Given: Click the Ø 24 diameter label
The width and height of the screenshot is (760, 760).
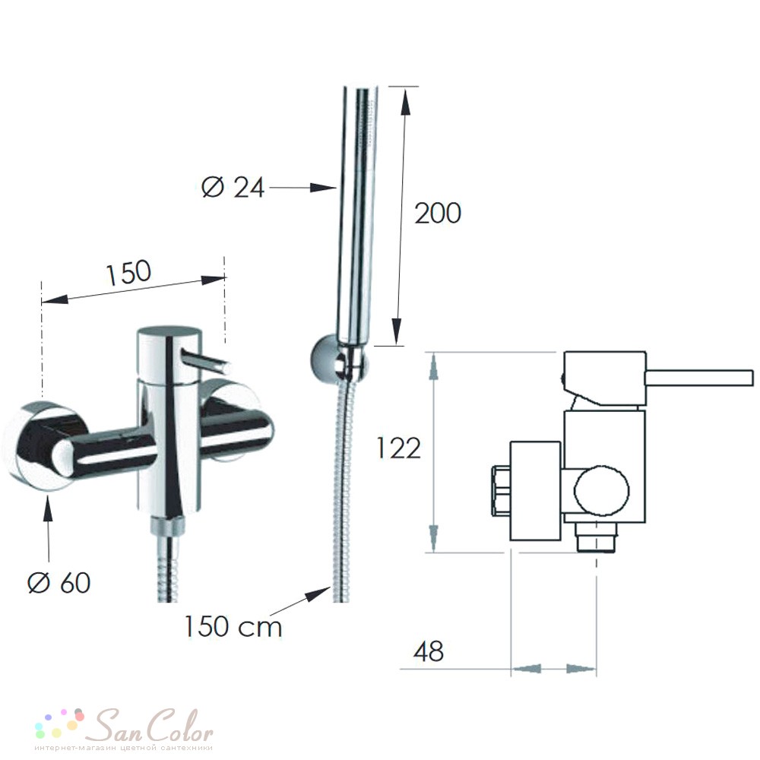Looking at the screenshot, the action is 233,187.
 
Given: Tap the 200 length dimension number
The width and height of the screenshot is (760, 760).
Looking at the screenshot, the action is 438,214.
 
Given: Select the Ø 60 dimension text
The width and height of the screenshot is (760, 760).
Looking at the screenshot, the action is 59,582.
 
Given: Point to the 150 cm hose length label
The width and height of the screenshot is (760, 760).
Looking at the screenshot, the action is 233,626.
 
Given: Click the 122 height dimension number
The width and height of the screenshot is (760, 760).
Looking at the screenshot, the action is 398,448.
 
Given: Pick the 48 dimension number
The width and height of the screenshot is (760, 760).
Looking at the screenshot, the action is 429,651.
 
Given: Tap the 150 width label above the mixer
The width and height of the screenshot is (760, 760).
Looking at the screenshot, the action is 128,272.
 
